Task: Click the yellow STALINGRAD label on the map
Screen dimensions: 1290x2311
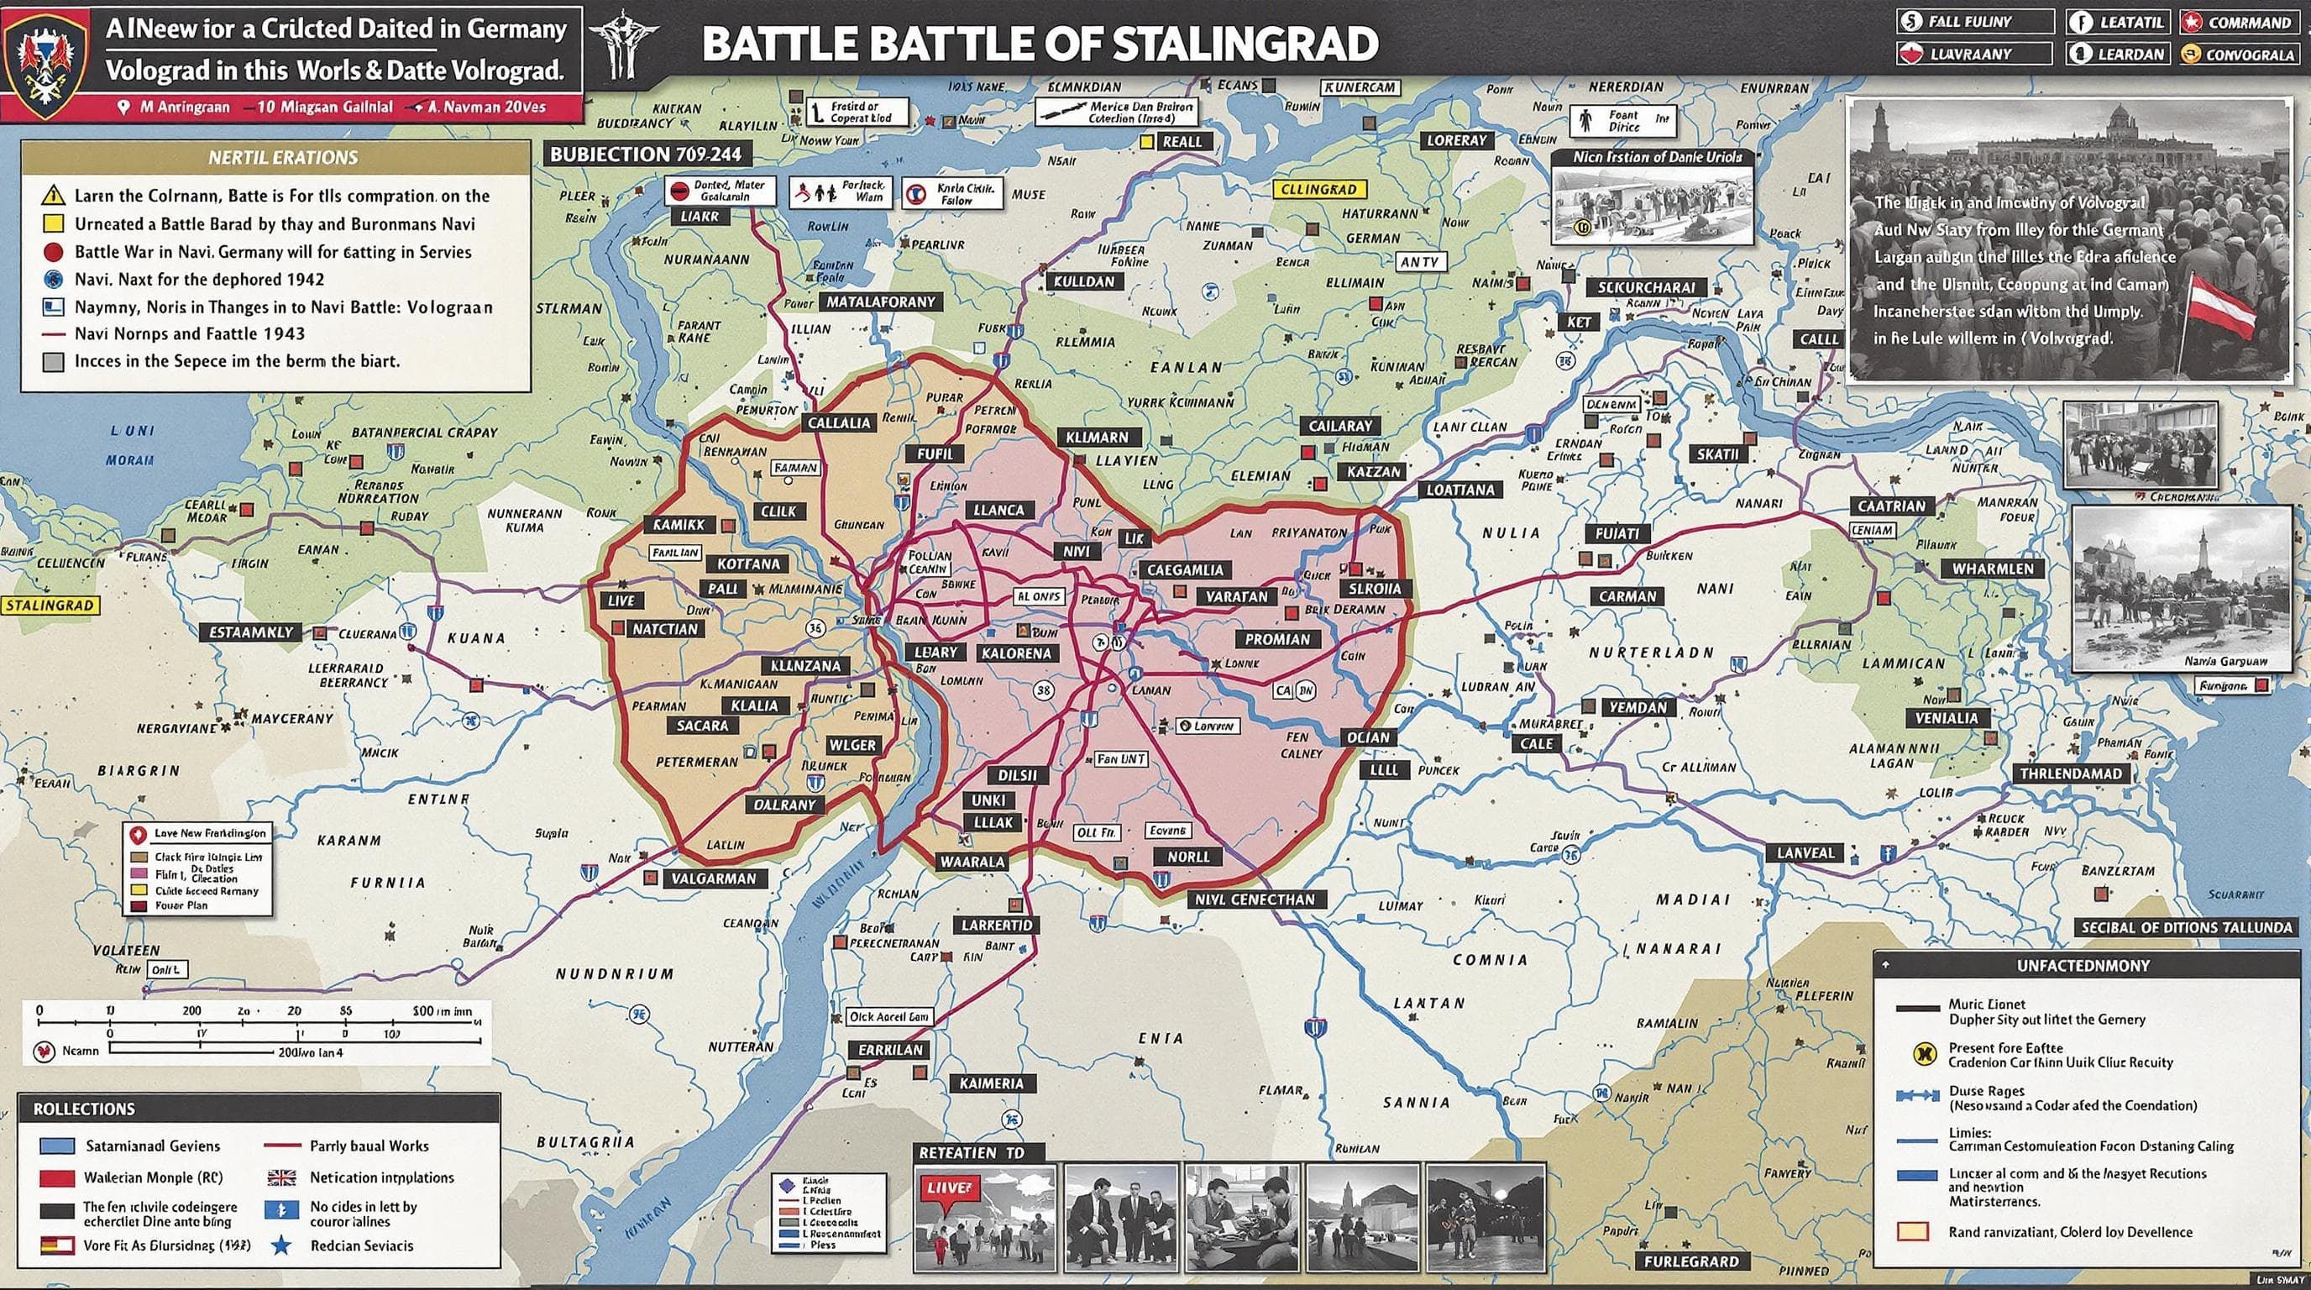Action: [50, 606]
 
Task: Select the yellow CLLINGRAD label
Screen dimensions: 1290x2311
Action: [1318, 189]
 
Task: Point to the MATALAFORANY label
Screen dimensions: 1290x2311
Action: [880, 302]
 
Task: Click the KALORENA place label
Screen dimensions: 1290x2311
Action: [1015, 653]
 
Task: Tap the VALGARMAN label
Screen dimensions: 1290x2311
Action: [714, 878]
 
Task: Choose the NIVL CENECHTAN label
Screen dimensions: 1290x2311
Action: [1255, 899]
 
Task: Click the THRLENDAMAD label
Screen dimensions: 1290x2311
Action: [2071, 773]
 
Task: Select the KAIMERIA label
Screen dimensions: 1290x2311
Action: [991, 1083]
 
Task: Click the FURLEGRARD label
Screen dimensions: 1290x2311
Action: [1691, 1261]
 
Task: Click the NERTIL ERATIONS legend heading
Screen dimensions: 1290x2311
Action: [283, 158]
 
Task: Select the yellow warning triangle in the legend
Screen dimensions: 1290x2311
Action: [53, 195]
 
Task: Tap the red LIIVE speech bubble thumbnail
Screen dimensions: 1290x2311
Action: [948, 1188]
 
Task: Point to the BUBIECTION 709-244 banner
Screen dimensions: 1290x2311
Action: [646, 155]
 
